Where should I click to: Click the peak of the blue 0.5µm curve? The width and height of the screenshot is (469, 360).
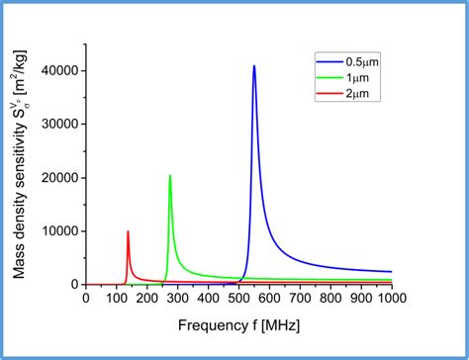(254, 66)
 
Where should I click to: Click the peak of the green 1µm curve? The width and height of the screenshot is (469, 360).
(170, 176)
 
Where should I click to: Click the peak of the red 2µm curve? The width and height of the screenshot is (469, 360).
(128, 231)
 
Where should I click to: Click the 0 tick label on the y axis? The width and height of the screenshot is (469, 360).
(75, 284)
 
